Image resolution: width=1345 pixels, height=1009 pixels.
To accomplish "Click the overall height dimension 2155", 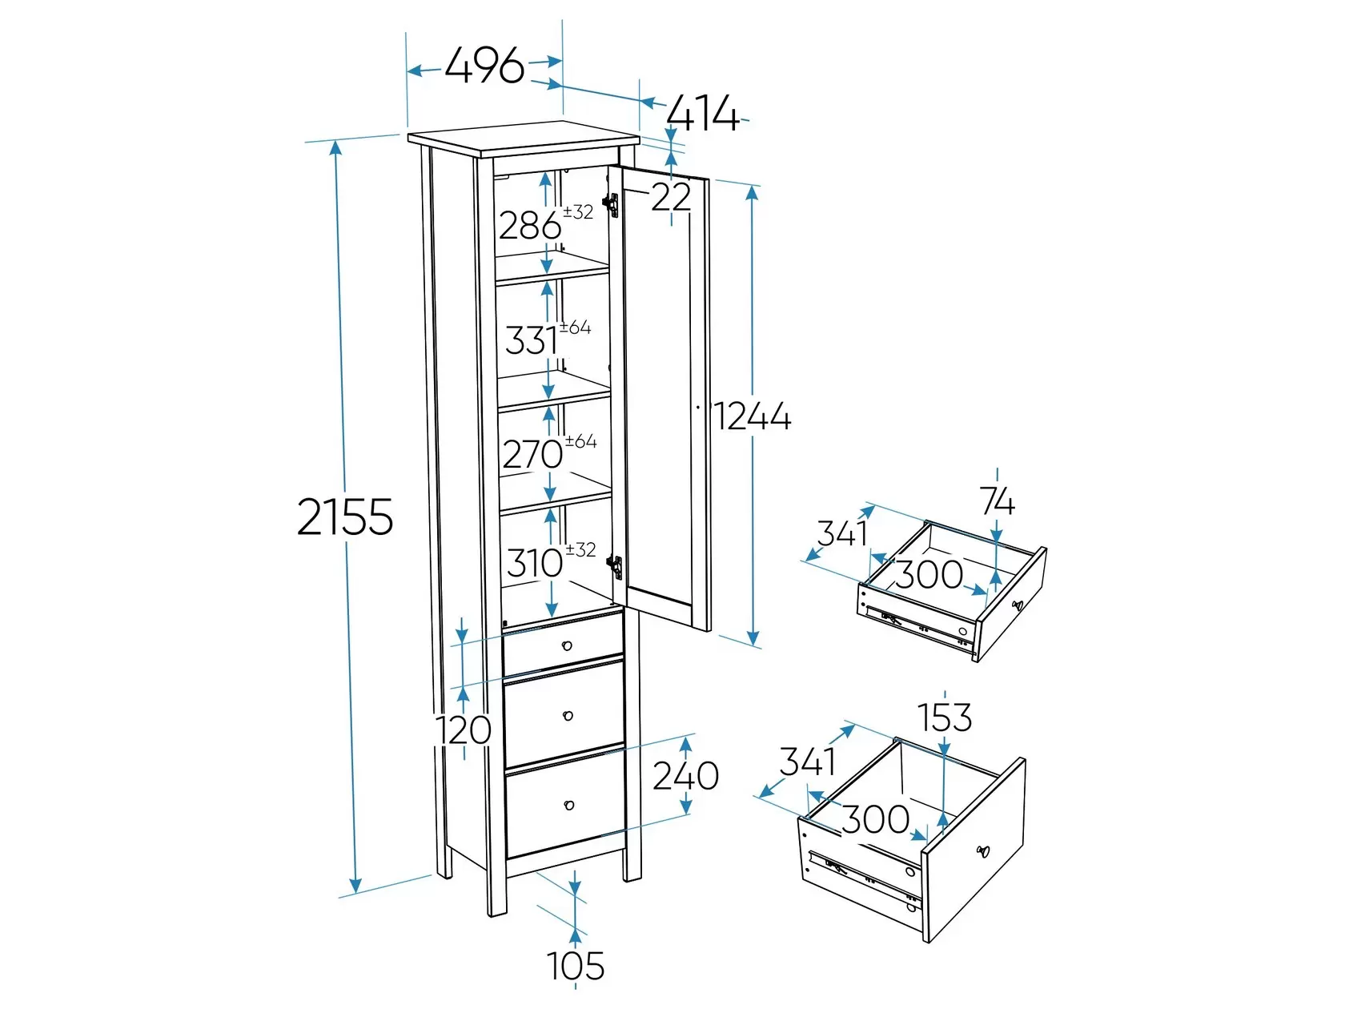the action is [345, 517].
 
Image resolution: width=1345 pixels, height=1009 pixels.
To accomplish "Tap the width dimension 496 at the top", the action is [484, 65].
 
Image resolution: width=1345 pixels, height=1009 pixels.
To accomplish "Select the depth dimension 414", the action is [704, 114].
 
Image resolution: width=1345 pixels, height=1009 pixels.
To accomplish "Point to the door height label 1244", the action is [753, 416].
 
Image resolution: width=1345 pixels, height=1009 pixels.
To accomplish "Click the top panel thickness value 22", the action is [671, 197].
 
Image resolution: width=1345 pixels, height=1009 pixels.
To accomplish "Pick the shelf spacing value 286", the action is [530, 226].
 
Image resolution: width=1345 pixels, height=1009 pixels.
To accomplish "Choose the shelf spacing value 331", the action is [532, 340].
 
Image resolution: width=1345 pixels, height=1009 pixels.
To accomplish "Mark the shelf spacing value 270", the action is [532, 455].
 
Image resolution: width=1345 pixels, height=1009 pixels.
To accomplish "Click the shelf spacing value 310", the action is [534, 563].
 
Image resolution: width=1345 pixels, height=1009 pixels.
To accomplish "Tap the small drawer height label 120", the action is [463, 730].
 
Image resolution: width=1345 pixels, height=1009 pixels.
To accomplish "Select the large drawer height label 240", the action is [685, 776].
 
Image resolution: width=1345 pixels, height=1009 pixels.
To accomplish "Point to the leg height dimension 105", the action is [576, 966].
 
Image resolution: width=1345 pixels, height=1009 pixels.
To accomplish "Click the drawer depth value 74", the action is [997, 502].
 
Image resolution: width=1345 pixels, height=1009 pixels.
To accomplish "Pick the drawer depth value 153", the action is [944, 718].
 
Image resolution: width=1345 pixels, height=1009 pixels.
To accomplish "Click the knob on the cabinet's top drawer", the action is [567, 645].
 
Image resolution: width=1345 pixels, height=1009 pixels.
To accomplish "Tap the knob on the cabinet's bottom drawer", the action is [568, 805].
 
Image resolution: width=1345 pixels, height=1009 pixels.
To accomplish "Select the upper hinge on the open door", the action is [610, 204].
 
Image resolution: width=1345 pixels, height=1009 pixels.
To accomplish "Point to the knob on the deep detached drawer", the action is [983, 851].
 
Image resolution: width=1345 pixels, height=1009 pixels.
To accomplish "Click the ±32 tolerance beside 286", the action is [578, 212].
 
